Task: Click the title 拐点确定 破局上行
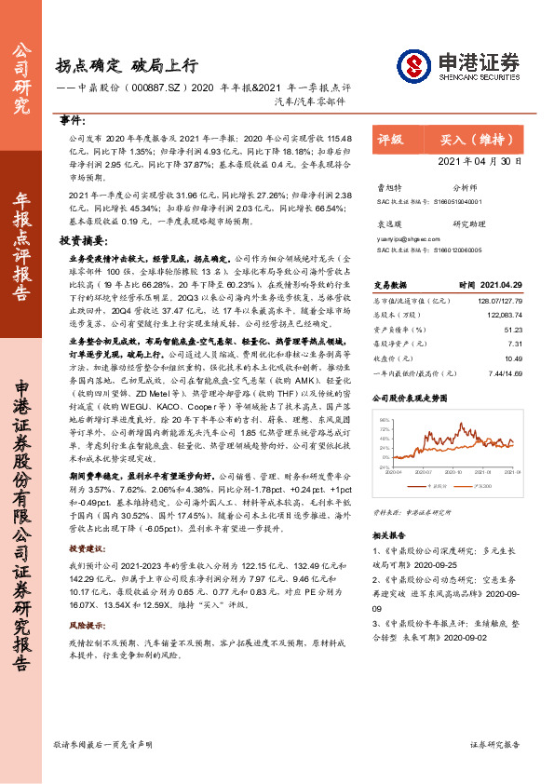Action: (x=127, y=65)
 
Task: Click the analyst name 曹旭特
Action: (x=387, y=186)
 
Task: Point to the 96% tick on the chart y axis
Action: (x=384, y=395)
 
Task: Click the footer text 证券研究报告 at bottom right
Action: (x=494, y=744)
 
